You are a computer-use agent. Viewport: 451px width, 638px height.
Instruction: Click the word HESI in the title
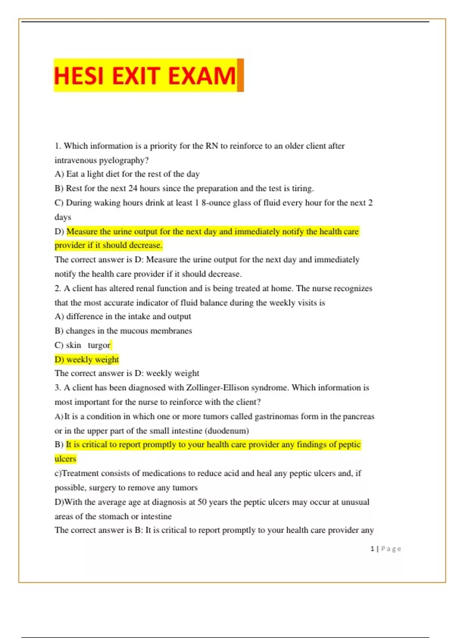pos(79,76)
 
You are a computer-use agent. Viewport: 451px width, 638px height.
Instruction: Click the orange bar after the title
pos(240,75)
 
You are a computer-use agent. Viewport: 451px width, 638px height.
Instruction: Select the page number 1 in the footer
pos(372,549)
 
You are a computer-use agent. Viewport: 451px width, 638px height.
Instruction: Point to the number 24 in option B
pos(133,188)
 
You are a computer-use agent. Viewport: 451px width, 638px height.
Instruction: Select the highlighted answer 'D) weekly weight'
pos(87,360)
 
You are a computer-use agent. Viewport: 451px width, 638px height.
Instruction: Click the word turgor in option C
pos(99,345)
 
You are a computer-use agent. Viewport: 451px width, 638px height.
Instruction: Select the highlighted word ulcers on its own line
pos(65,459)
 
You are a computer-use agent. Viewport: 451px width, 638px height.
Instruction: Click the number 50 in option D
pos(202,502)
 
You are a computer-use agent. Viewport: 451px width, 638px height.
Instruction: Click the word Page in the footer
pos(391,549)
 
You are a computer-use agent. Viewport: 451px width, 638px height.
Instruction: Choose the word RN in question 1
pos(212,146)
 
